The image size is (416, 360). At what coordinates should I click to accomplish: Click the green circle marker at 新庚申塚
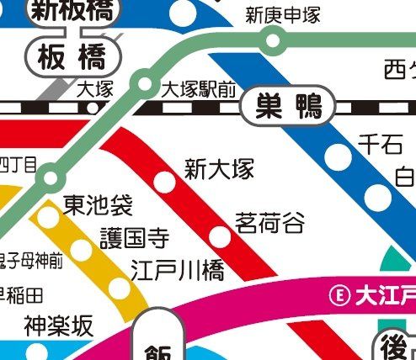(272, 39)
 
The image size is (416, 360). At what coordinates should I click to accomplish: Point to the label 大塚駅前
(198, 89)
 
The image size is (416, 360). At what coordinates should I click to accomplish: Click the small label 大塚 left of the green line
(93, 89)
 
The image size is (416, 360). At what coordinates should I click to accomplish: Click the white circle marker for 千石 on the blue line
(339, 156)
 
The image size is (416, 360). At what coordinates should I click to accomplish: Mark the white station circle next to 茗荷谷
(220, 236)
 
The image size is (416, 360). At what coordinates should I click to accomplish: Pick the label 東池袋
(99, 204)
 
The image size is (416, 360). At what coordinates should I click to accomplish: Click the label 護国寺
(135, 238)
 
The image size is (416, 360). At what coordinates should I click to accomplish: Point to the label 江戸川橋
(178, 270)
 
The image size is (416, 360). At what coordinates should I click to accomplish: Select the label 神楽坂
(59, 326)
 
